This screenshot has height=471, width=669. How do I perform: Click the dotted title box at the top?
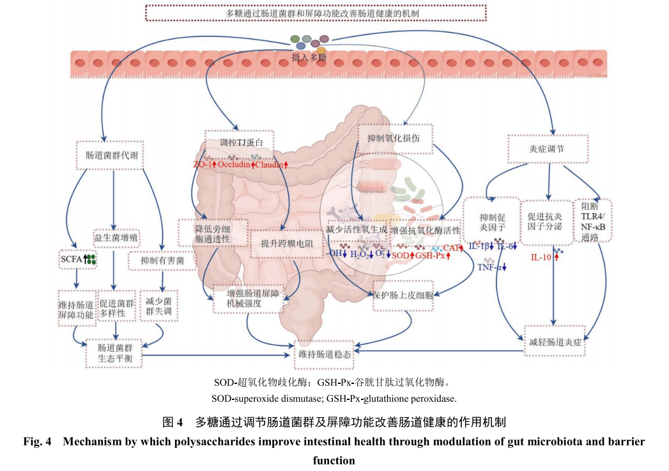tap(316, 12)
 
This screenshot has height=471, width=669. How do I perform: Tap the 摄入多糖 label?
tap(309, 58)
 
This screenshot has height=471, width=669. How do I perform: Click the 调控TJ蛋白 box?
tap(237, 140)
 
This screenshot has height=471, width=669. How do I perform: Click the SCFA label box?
tap(75, 259)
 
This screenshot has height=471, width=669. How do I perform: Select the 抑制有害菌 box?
tap(162, 261)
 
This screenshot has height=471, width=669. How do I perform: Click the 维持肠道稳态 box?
tap(325, 355)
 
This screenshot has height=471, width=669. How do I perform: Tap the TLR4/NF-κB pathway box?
tap(594, 221)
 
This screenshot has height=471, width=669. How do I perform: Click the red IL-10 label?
tap(542, 257)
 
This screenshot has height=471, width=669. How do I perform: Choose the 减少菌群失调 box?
tap(158, 307)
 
